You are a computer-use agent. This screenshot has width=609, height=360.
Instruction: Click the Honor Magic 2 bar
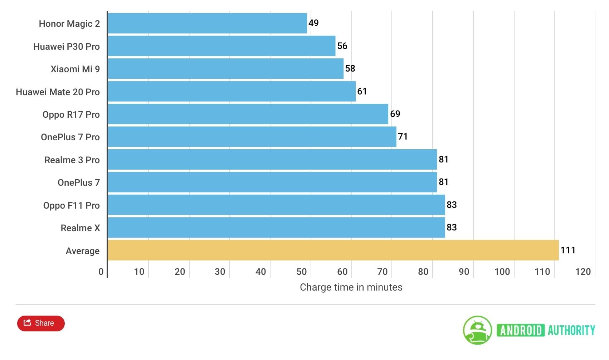208,23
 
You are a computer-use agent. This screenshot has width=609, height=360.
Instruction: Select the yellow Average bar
333,250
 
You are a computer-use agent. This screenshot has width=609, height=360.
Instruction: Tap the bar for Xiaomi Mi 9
225,69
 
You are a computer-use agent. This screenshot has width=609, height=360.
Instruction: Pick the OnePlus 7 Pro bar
252,137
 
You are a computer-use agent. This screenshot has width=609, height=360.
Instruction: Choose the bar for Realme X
276,228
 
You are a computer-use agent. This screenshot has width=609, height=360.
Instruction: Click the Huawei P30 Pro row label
67,47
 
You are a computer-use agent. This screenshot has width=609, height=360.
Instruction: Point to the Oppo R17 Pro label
71,115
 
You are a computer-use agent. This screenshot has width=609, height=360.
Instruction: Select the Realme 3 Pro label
72,160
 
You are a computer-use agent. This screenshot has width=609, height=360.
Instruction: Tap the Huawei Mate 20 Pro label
58,92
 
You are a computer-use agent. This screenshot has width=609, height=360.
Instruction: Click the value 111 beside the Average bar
568,250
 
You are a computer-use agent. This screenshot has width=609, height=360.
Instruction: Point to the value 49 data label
313,23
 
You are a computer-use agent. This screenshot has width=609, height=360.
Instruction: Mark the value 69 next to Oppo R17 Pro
395,114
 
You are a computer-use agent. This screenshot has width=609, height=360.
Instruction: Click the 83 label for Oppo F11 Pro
452,205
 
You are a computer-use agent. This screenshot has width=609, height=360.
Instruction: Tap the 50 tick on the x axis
302,272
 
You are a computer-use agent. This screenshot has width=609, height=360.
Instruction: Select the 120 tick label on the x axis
583,272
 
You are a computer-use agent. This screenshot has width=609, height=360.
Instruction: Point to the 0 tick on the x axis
101,272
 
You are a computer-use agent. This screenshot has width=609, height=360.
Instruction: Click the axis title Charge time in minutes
351,287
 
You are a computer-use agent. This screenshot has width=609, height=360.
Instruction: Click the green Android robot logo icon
477,330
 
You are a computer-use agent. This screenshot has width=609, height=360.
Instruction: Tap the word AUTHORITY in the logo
571,330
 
